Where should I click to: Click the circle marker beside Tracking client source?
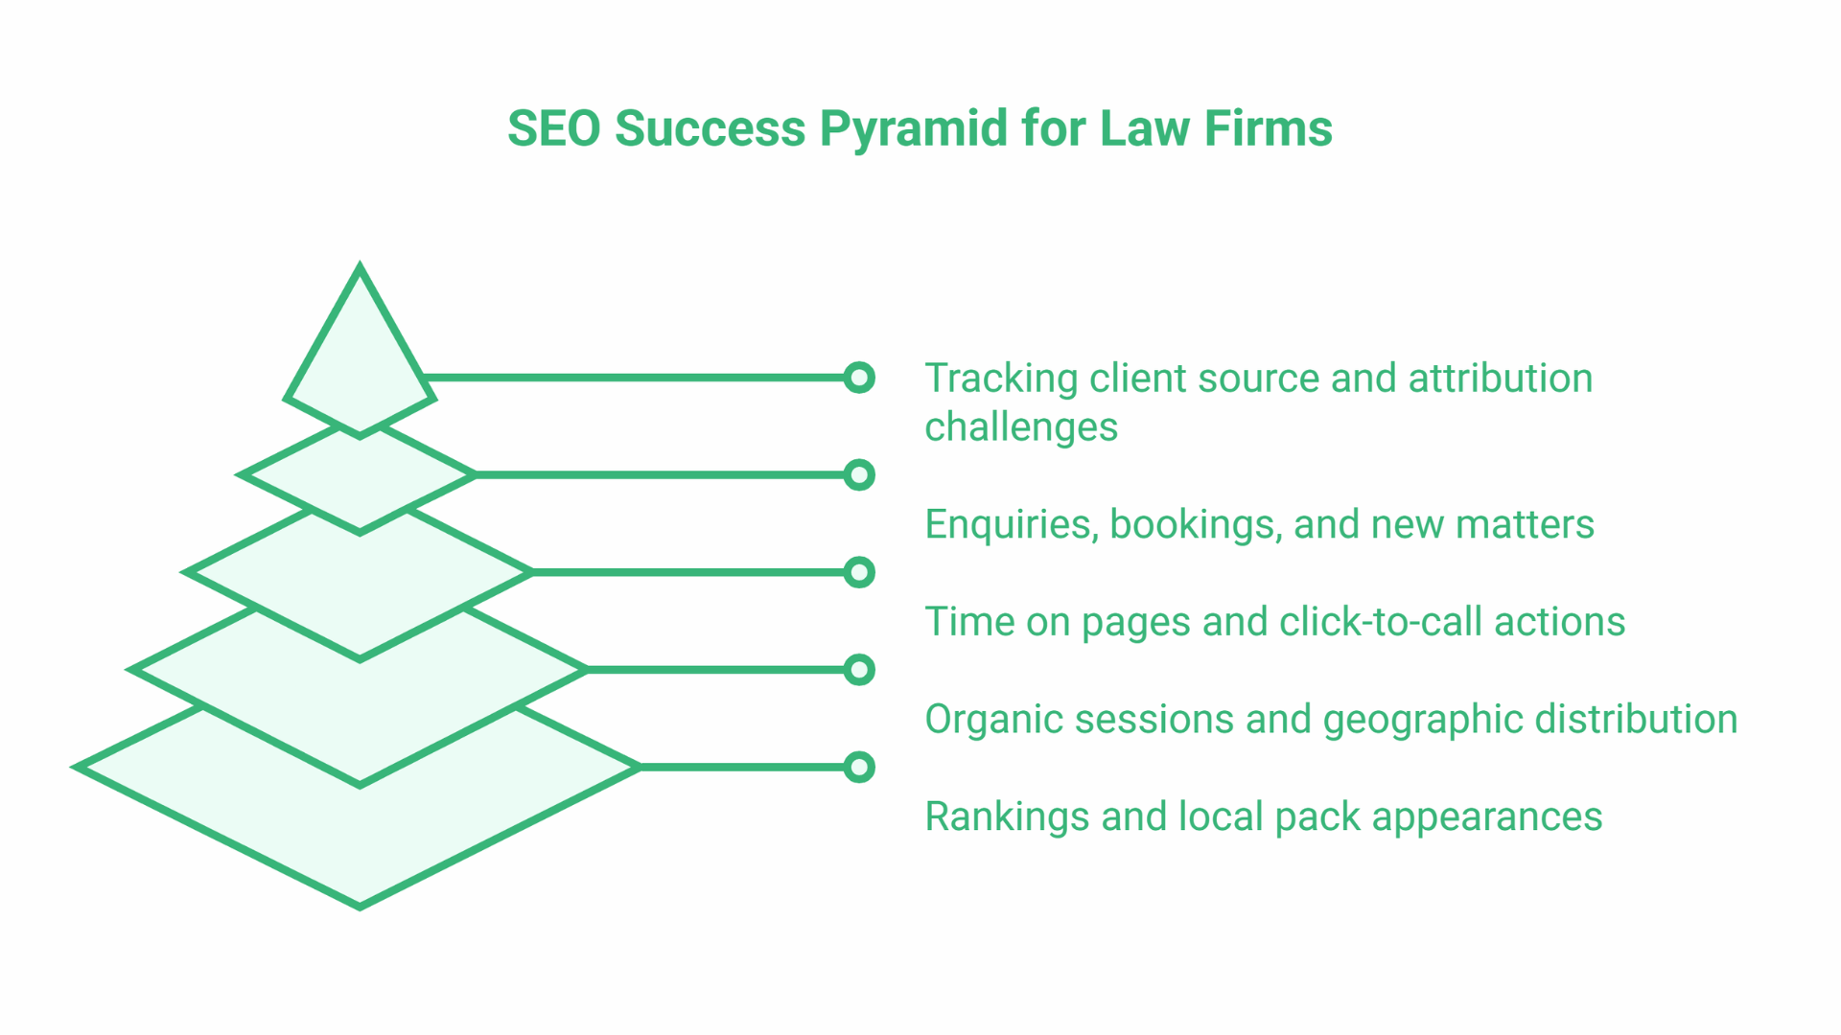tap(859, 378)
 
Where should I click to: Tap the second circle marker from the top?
tap(859, 475)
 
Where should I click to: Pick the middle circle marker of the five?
tap(859, 573)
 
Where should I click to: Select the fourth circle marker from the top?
tap(859, 670)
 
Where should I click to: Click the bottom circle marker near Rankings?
tap(859, 768)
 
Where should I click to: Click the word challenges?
tap(1020, 427)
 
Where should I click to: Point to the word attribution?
tap(1500, 379)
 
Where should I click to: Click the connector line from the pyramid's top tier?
tap(633, 378)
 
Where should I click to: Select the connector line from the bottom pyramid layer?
tap(743, 768)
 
